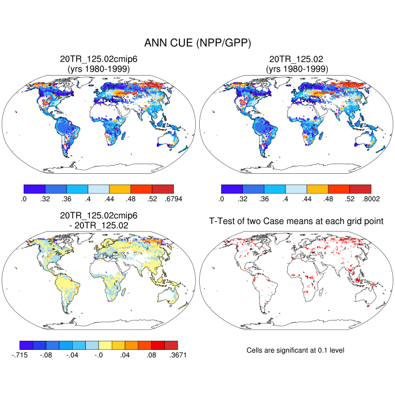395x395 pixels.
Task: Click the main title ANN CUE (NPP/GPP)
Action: click(197, 43)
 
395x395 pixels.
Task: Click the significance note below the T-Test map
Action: click(296, 350)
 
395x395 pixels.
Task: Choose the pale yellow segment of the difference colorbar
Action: click(106, 345)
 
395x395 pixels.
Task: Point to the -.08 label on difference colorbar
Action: click(46, 355)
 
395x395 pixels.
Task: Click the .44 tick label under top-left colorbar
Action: click(109, 199)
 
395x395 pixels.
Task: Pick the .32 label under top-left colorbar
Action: click(45, 199)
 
